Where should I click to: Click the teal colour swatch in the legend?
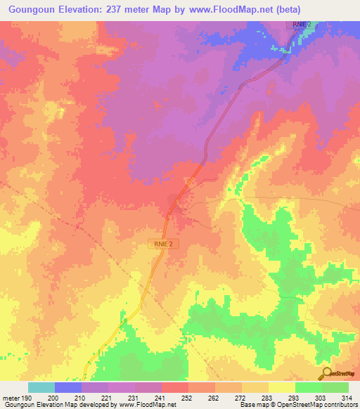click(x=41, y=387)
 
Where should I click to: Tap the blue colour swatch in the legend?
click(x=68, y=387)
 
